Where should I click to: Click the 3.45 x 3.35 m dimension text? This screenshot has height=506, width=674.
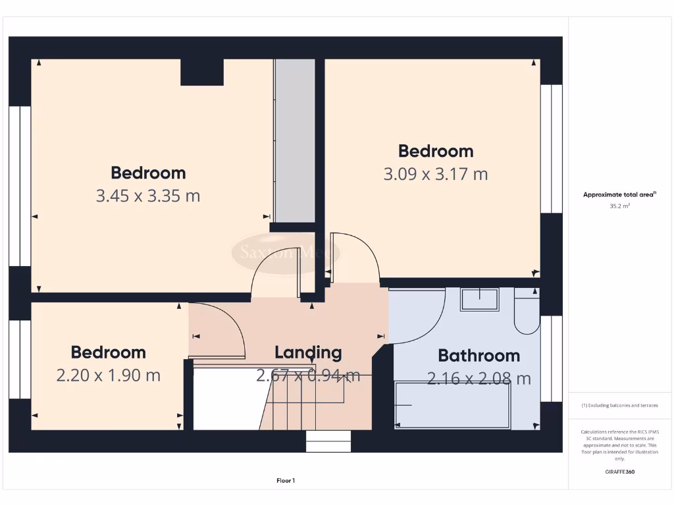[x=148, y=196]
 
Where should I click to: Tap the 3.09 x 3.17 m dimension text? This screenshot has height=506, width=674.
[x=435, y=174]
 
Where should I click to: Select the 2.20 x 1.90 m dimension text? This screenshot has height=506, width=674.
[x=109, y=376]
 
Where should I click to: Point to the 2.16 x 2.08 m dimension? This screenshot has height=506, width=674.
[x=479, y=379]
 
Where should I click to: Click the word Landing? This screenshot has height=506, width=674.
[x=308, y=352]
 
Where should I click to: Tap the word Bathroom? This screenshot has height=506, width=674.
[x=479, y=356]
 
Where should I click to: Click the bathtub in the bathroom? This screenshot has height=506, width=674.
[x=452, y=405]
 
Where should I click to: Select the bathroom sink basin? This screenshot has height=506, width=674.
[x=479, y=299]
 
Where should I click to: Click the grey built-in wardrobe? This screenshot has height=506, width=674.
[x=294, y=141]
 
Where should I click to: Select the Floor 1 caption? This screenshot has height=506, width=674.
[x=285, y=481]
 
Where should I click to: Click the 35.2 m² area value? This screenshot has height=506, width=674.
[x=620, y=206]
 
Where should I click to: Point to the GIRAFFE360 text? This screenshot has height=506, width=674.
[x=620, y=472]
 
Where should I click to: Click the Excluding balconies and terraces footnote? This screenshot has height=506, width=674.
[x=620, y=405]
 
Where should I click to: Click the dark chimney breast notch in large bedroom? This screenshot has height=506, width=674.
[x=202, y=72]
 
